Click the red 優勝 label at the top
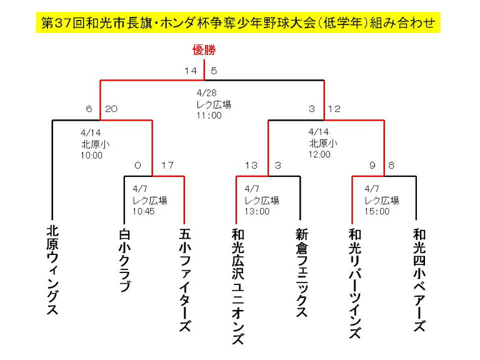(204, 50)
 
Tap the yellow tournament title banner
(238, 22)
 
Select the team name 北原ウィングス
(52, 270)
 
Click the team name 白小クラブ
(124, 260)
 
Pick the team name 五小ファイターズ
(185, 280)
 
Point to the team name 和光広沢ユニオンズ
(238, 286)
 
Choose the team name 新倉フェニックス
(302, 272)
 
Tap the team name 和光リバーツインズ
(355, 283)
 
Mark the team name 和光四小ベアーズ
(419, 280)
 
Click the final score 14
(191, 71)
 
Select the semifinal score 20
(111, 109)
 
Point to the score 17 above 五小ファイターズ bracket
(167, 165)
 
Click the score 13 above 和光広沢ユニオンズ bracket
(251, 165)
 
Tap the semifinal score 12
(334, 109)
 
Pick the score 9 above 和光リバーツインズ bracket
(372, 165)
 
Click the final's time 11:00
(209, 116)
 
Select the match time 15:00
(377, 211)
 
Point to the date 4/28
(207, 92)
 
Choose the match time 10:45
(144, 211)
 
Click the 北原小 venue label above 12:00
(323, 143)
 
